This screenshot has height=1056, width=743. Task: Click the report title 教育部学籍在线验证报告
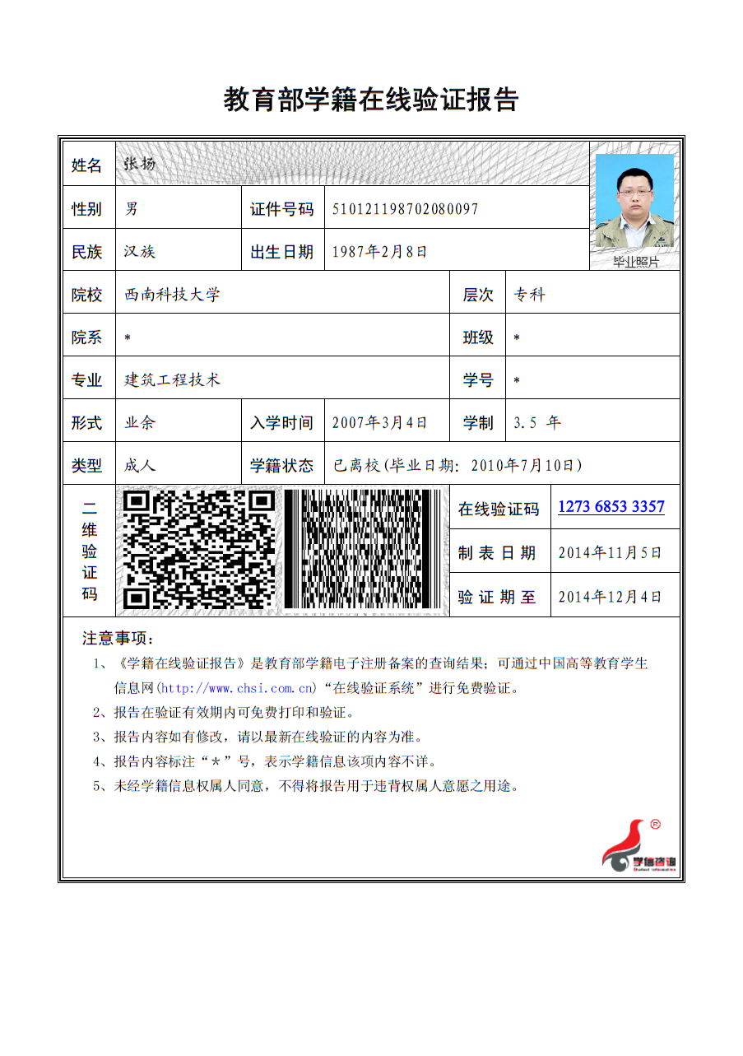pyautogui.click(x=371, y=100)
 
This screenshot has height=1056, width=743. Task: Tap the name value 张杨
pyautogui.click(x=139, y=164)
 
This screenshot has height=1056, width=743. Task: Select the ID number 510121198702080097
pyautogui.click(x=405, y=209)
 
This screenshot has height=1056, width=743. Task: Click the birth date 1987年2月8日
pyautogui.click(x=379, y=252)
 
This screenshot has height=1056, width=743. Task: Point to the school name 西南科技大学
pyautogui.click(x=172, y=295)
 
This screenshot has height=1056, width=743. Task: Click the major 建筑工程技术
pyautogui.click(x=172, y=380)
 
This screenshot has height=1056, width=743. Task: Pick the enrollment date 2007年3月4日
pyautogui.click(x=379, y=423)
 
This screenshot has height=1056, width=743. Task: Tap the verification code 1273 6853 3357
pyautogui.click(x=611, y=507)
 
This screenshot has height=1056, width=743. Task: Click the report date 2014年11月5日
pyautogui.click(x=610, y=552)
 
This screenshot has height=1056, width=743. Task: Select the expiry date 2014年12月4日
pyautogui.click(x=610, y=597)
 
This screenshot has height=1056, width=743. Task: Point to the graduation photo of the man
pyautogui.click(x=634, y=201)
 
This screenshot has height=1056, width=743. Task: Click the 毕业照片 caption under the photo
pyautogui.click(x=636, y=262)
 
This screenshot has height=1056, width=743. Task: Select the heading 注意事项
pyautogui.click(x=118, y=639)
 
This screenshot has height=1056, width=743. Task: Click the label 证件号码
pyautogui.click(x=281, y=209)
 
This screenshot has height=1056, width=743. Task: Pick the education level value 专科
pyautogui.click(x=529, y=295)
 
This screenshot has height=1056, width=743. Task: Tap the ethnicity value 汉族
pyautogui.click(x=139, y=252)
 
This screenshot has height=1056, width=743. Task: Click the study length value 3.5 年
pyautogui.click(x=536, y=423)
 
